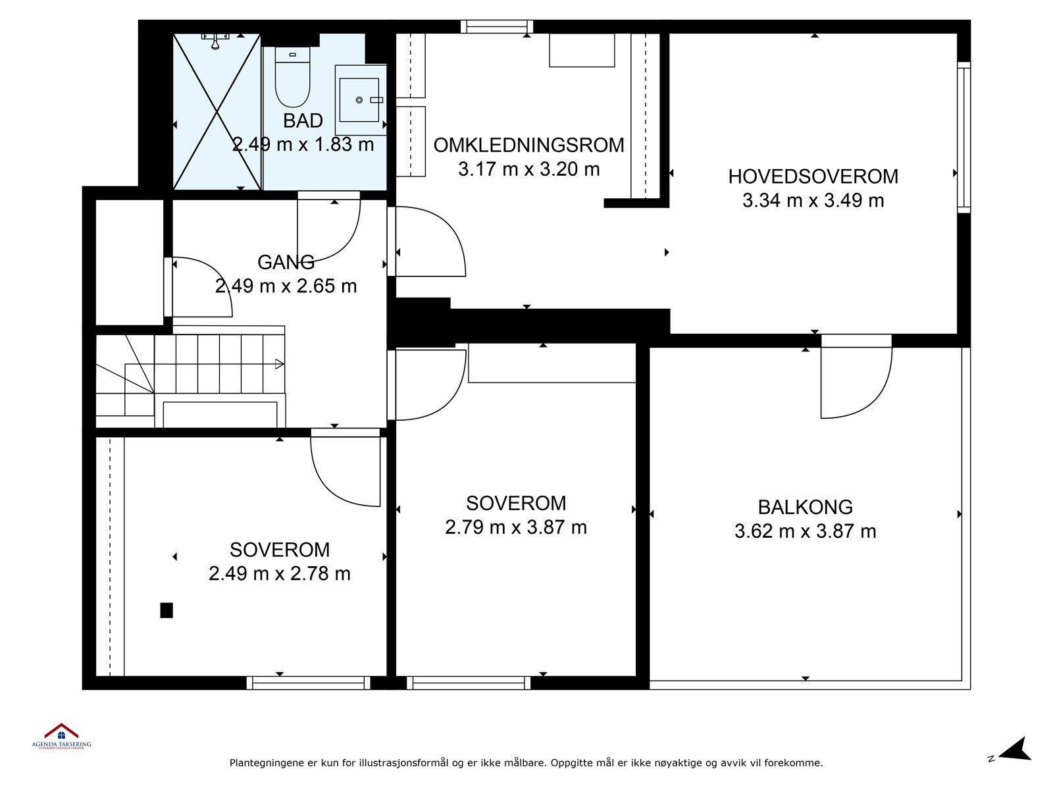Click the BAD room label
pyautogui.click(x=303, y=120)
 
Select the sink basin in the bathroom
pyautogui.click(x=359, y=99)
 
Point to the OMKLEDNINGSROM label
pyautogui.click(x=528, y=145)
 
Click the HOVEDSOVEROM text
pyautogui.click(x=813, y=176)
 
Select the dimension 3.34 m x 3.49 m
pyautogui.click(x=813, y=201)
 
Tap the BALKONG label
pyautogui.click(x=805, y=507)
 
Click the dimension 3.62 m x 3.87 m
pyautogui.click(x=805, y=531)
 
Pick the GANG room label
pyautogui.click(x=286, y=262)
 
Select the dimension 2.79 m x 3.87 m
pyautogui.click(x=516, y=527)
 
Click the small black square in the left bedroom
pyautogui.click(x=167, y=610)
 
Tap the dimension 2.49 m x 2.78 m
pyautogui.click(x=279, y=573)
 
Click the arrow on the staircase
pyautogui.click(x=279, y=363)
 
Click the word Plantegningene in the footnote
pyautogui.click(x=266, y=764)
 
